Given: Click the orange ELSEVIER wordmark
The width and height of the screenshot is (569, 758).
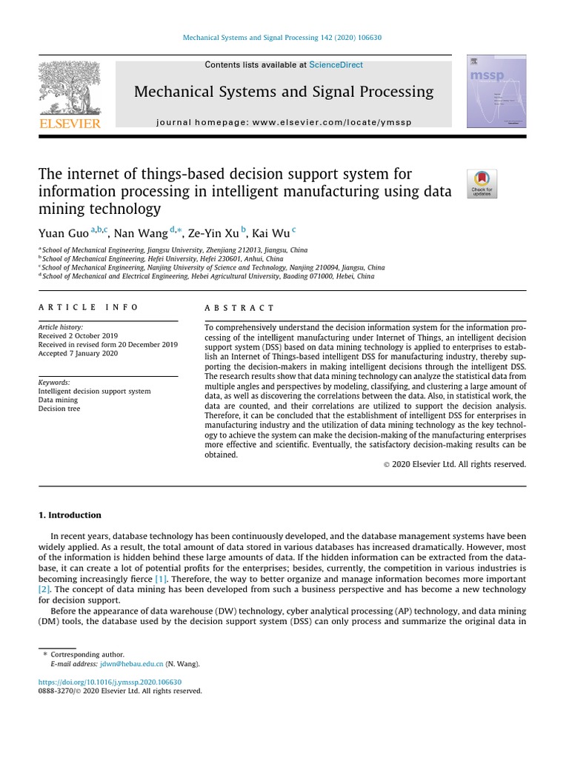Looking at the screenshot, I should point(69,124).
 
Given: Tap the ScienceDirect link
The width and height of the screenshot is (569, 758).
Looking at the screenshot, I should point(336,65).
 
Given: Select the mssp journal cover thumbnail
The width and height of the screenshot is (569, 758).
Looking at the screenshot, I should point(496,91).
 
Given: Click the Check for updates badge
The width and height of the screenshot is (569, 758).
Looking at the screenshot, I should point(482,184).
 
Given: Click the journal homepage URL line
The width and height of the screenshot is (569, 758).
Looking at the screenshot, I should point(284,122).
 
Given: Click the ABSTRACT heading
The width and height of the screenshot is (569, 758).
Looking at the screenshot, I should point(239,307).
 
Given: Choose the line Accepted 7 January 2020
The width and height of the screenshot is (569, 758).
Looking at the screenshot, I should point(78,354).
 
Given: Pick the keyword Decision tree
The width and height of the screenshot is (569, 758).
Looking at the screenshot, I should point(59,409).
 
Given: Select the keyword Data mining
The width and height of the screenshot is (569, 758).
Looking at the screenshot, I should point(58,400).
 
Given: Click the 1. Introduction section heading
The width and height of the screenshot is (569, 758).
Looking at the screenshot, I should point(70,515).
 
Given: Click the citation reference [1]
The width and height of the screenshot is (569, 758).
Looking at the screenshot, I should point(161,578).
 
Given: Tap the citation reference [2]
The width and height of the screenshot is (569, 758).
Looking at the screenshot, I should point(44,589).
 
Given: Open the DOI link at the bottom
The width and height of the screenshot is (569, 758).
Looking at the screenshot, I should point(110,682).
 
